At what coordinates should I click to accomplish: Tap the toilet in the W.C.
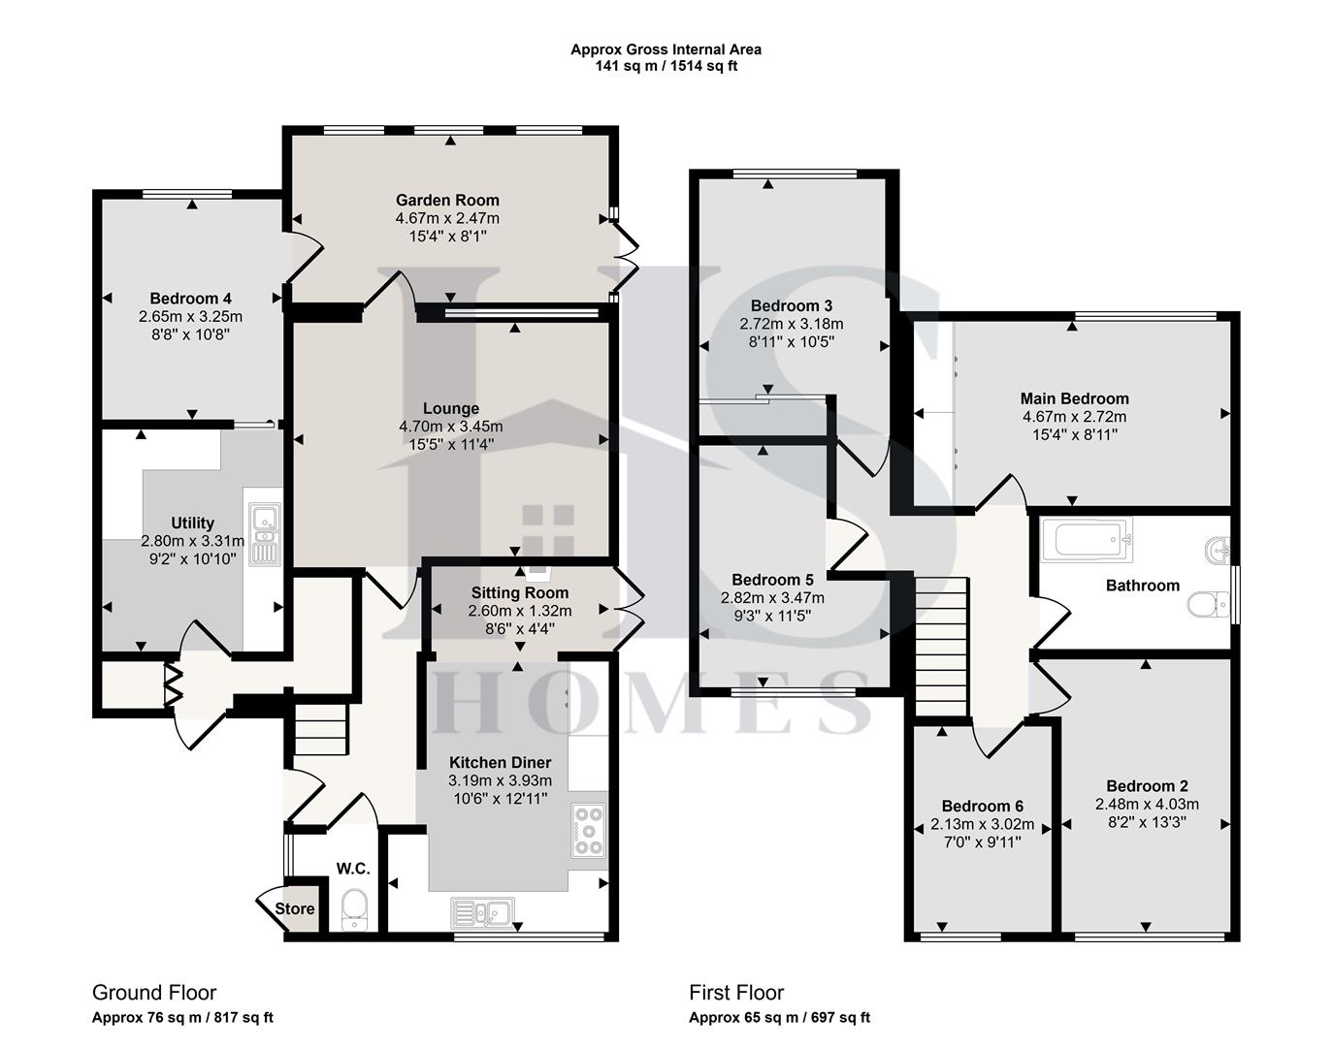point(356,910)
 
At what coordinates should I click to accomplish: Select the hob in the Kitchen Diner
point(589,830)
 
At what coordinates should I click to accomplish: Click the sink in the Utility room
point(264,534)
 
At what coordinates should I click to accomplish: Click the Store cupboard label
point(294,908)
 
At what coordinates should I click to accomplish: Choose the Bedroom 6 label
point(983,806)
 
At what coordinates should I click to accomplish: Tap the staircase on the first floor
point(942,645)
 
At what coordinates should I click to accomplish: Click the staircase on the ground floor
point(320,729)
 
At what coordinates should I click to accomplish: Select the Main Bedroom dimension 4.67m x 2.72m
point(1074,416)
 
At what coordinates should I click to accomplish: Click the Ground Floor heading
point(154,992)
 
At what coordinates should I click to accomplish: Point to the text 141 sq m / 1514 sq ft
point(666,66)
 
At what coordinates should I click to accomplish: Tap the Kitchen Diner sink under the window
point(483,911)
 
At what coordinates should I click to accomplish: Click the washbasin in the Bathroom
point(1216,550)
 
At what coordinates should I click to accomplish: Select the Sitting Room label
point(520,592)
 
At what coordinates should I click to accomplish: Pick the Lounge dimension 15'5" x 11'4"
point(451,444)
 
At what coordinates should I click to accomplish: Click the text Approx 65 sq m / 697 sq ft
point(779,1017)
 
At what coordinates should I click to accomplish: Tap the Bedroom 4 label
point(190,298)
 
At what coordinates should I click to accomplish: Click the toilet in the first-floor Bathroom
point(1203,605)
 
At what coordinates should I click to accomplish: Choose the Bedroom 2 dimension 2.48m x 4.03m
point(1147,804)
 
